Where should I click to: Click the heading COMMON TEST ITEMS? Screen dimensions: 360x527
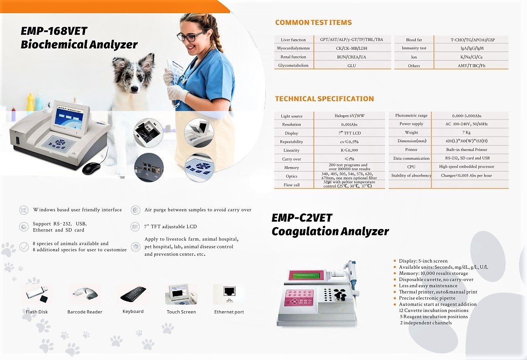(313, 23)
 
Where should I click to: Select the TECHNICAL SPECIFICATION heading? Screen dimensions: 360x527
(324, 99)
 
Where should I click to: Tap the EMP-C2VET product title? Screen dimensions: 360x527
(302, 218)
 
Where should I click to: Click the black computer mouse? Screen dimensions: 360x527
(91, 168)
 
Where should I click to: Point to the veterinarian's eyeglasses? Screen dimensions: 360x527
(191, 37)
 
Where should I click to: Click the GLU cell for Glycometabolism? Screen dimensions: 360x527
(352, 65)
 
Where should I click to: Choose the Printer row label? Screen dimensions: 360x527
(411, 150)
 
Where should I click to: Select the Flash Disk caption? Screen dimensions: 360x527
(37, 312)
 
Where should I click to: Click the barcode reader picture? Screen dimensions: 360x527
(85, 295)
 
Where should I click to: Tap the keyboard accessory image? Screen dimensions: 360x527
(133, 294)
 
